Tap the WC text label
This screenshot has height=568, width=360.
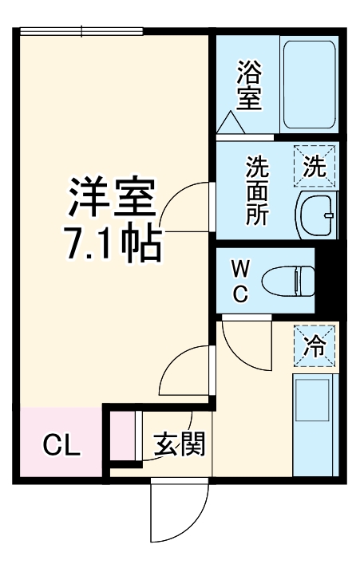click(x=240, y=280)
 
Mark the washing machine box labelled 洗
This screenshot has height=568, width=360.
click(x=315, y=168)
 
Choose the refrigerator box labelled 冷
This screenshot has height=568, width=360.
click(x=315, y=345)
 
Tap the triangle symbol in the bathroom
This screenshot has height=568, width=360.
click(x=231, y=122)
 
